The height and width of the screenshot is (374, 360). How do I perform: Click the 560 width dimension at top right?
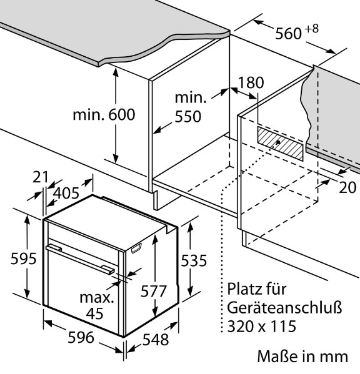click(x=288, y=33)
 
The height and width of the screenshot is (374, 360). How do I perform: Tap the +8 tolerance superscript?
click(x=311, y=29)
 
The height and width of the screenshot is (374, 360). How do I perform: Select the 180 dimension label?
click(x=251, y=83)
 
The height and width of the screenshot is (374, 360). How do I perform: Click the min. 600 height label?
click(x=104, y=114)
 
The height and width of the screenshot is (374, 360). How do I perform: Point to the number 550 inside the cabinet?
click(x=188, y=117)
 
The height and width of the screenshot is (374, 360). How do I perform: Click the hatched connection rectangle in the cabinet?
click(x=280, y=144)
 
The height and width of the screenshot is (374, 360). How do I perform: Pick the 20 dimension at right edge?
click(x=347, y=187)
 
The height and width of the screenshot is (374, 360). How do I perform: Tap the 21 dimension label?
click(x=41, y=177)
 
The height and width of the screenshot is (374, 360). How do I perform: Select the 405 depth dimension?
click(x=66, y=193)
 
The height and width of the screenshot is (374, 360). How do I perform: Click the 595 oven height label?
click(x=23, y=258)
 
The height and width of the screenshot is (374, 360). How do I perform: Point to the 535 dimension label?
click(x=194, y=260)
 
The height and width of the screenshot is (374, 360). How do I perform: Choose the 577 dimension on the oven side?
click(x=153, y=291)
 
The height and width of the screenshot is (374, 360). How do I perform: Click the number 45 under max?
click(x=95, y=313)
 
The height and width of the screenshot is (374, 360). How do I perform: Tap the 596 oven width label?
click(x=81, y=337)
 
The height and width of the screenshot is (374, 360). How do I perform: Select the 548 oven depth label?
click(x=156, y=340)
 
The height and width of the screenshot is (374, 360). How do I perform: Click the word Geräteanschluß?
click(x=284, y=308)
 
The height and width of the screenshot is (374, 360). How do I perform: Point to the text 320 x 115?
click(x=262, y=326)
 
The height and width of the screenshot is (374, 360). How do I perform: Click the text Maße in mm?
click(x=302, y=357)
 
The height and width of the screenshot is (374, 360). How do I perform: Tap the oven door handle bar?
click(x=80, y=259)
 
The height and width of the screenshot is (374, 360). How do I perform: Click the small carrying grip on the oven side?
click(x=136, y=248)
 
